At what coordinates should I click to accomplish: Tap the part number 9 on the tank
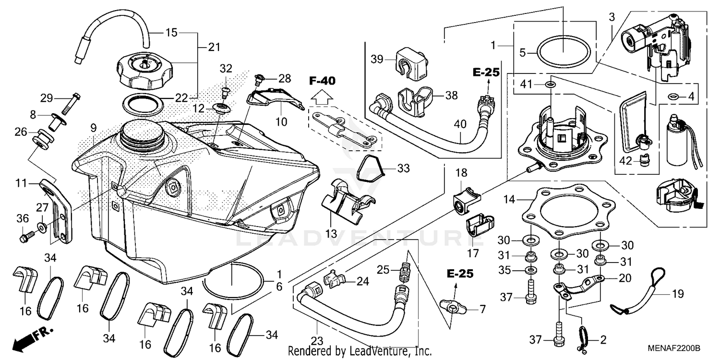[x=94, y=128]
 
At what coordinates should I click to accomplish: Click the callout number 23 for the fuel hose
[x=316, y=341]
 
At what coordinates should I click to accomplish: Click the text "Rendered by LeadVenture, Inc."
[x=360, y=351]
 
